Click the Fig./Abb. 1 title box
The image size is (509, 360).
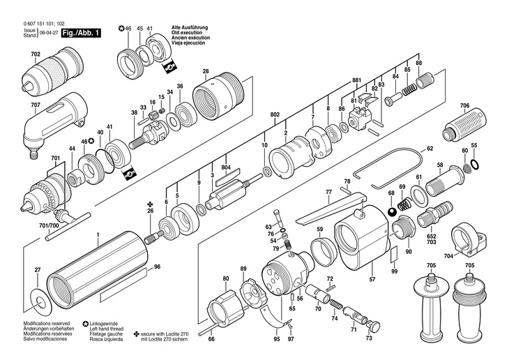tap(81, 33)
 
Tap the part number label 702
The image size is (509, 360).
tap(36, 54)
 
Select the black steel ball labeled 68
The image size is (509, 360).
tap(393, 211)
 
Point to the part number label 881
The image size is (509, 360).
tap(357, 80)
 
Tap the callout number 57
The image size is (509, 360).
tap(372, 279)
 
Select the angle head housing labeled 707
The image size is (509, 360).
tap(54, 126)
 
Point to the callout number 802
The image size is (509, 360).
tap(275, 114)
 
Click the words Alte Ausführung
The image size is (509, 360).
tap(190, 28)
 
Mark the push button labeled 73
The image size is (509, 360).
tap(374, 326)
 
